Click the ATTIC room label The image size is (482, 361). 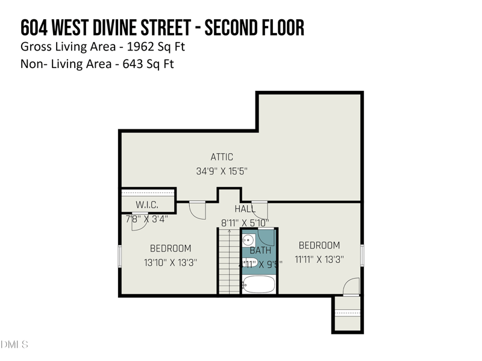[222, 157]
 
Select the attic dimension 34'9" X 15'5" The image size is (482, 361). [222, 171]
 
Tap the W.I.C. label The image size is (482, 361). [147, 205]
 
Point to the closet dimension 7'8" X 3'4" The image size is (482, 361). [146, 219]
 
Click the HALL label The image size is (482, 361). [245, 208]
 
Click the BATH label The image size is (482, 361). [261, 250]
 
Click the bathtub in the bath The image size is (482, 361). [259, 284]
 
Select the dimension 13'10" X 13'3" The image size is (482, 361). [171, 262]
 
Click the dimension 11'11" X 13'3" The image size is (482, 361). [319, 259]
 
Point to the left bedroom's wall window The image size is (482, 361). [120, 256]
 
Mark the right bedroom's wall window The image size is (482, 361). [361, 255]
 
